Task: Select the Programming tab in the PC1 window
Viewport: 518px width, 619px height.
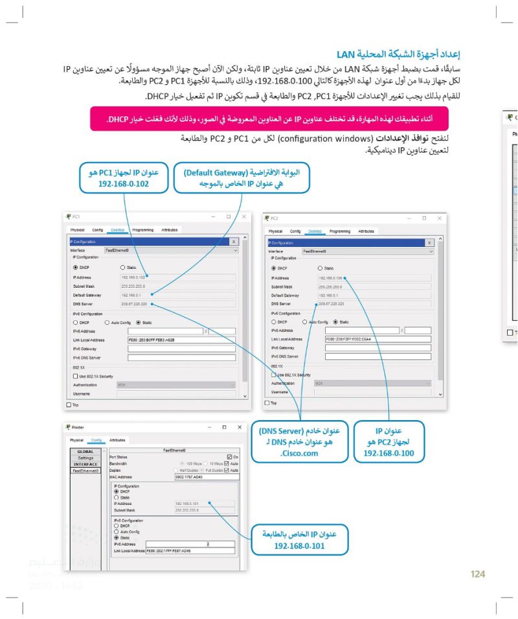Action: (142, 229)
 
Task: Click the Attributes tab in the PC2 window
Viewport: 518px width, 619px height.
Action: (366, 231)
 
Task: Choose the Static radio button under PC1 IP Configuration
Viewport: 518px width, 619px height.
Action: (123, 267)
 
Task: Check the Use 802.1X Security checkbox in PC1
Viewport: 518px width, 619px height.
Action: (76, 376)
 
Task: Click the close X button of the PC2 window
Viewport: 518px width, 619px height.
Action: (439, 218)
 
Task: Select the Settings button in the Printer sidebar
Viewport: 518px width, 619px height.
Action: (85, 458)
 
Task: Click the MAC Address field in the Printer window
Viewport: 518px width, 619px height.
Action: (205, 476)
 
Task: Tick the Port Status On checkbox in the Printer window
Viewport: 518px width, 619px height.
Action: (229, 457)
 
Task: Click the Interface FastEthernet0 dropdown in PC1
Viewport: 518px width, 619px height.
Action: (171, 250)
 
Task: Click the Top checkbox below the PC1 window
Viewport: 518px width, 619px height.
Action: (69, 405)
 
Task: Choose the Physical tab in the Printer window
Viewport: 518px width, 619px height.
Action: (76, 439)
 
